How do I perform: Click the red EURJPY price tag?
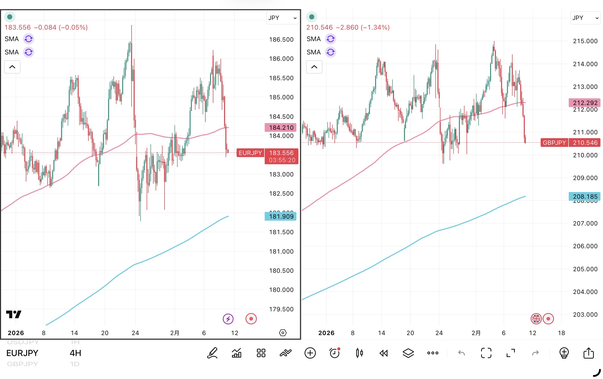[250, 153]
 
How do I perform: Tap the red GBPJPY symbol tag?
[554, 143]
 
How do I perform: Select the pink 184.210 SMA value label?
[281, 127]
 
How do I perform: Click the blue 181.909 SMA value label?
[281, 217]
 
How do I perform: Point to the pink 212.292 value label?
[585, 103]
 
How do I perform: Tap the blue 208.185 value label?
[585, 196]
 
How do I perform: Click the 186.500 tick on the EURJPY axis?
[281, 40]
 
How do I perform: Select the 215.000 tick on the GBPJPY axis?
[585, 41]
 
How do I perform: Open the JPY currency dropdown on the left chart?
[282, 18]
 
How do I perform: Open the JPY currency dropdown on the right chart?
[585, 18]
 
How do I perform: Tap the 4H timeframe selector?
[75, 353]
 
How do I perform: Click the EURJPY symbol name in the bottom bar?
[22, 353]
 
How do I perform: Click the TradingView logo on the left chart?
[14, 314]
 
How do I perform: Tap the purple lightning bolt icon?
[228, 319]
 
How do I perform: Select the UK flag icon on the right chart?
[536, 319]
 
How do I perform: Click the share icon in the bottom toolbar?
[589, 353]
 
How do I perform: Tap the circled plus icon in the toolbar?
[310, 353]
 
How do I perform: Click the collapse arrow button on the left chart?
[12, 67]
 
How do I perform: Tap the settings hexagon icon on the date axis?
[283, 333]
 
